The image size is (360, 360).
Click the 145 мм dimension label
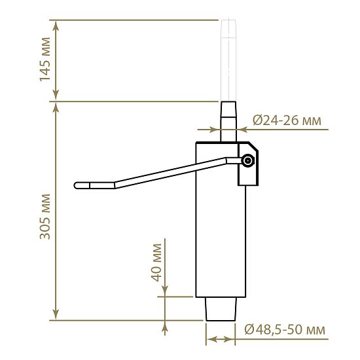tap(45, 60)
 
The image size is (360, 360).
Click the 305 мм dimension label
tap(45, 217)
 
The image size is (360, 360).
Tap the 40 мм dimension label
tap(156, 262)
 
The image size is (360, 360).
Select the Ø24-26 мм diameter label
tap(287, 120)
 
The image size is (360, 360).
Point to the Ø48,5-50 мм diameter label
tap(285, 329)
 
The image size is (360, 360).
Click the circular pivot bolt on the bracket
tap(248, 161)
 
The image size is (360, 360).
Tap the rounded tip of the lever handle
tap(75, 185)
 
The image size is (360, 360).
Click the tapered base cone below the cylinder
tap(221, 309)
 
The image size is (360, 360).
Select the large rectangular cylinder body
tap(221, 219)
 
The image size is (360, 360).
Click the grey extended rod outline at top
tap(228, 60)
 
